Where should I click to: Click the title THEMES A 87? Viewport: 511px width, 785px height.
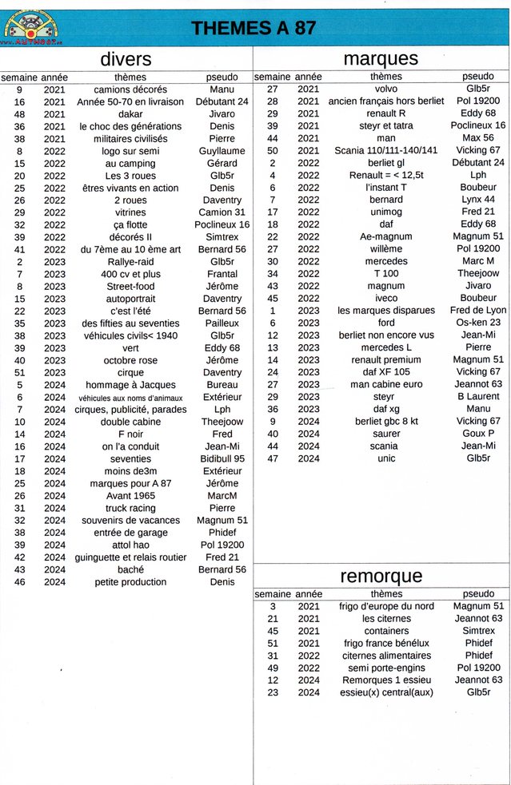click(254, 28)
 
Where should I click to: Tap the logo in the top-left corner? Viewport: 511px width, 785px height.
click(31, 26)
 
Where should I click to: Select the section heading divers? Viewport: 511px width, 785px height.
click(126, 58)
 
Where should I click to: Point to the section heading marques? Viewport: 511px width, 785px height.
click(380, 58)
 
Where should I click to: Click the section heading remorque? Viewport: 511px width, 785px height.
click(381, 576)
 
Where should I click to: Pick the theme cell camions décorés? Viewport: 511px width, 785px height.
click(130, 89)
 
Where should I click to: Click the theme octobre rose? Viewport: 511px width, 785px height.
click(130, 360)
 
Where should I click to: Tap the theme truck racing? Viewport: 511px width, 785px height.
click(130, 508)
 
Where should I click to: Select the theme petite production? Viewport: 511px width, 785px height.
click(130, 582)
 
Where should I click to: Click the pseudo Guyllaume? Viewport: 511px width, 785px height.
click(222, 151)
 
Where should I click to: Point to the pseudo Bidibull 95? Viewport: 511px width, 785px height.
click(222, 459)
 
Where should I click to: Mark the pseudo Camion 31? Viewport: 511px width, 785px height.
click(222, 212)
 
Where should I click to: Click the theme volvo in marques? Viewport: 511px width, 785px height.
click(386, 89)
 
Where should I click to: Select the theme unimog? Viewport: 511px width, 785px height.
click(386, 212)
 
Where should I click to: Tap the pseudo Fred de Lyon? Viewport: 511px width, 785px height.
click(478, 311)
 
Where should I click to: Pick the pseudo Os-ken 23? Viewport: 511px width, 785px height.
click(478, 323)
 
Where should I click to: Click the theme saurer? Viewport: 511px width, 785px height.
click(386, 434)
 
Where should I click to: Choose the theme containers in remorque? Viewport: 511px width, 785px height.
click(386, 631)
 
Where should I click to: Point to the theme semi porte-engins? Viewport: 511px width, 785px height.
click(386, 668)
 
